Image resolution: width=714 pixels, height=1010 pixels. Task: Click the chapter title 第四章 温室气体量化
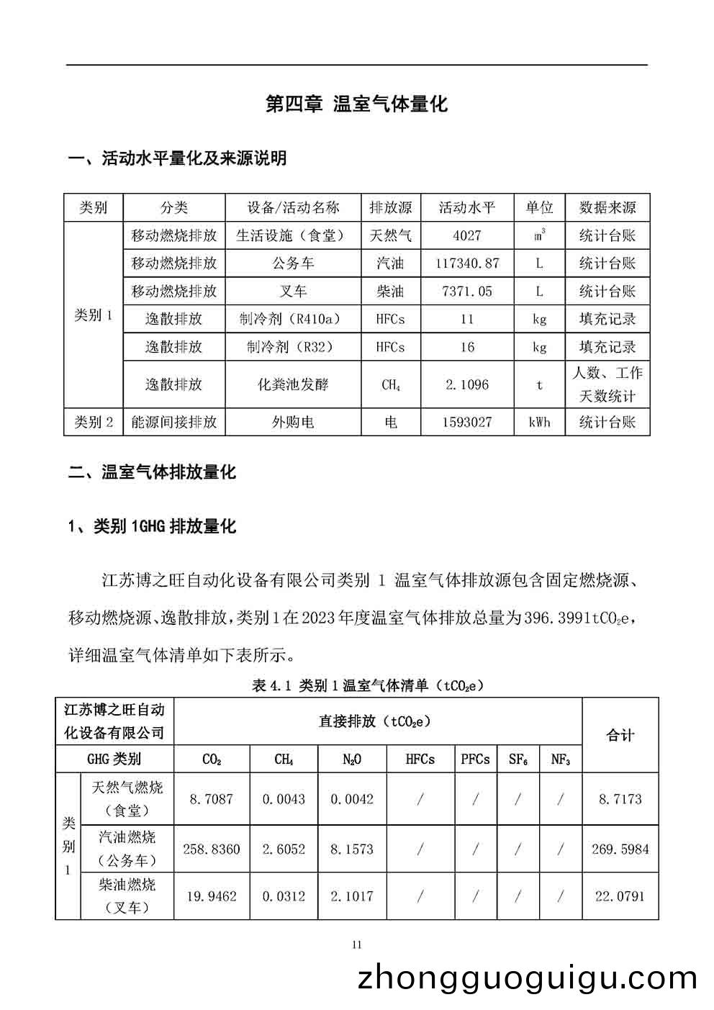click(x=356, y=104)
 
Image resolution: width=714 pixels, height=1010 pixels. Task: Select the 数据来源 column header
click(x=607, y=208)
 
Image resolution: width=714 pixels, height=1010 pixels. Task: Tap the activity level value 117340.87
click(x=467, y=263)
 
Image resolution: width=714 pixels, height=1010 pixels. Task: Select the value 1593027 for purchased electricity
click(x=467, y=422)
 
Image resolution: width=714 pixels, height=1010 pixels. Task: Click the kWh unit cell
click(x=539, y=422)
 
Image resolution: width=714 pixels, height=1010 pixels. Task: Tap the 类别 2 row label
click(x=94, y=422)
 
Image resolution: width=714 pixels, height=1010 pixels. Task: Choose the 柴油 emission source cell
click(x=390, y=292)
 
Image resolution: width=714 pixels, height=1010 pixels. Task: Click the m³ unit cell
click(x=539, y=235)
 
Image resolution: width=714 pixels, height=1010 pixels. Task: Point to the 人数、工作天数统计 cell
click(x=607, y=384)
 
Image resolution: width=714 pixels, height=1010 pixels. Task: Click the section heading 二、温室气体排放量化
click(x=152, y=473)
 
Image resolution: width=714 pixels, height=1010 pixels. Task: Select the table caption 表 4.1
click(x=368, y=685)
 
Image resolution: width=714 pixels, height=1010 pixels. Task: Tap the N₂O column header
click(x=352, y=759)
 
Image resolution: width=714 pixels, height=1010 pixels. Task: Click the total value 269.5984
click(x=620, y=849)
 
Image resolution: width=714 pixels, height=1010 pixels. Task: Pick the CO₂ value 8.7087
click(x=212, y=799)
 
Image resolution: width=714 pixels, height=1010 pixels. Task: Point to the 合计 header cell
click(x=620, y=736)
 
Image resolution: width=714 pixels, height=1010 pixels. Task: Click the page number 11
click(x=357, y=945)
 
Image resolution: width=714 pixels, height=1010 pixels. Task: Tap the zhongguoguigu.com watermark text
click(x=528, y=979)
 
